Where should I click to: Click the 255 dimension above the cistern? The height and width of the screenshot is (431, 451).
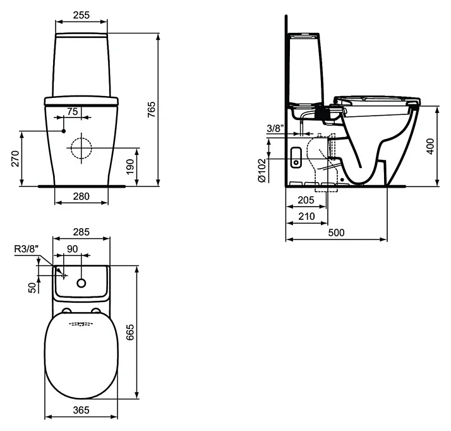81,15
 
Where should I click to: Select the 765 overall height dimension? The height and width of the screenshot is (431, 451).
152,109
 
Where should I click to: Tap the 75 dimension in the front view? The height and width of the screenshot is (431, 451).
73,111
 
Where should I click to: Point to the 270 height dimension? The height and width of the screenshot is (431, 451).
15,159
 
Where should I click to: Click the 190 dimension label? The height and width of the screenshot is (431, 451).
130,167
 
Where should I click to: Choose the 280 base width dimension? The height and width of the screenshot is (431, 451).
81,196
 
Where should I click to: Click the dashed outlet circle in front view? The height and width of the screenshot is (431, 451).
81,148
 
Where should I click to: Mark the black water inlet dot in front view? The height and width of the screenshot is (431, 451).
64,131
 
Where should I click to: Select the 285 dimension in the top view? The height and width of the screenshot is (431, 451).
81,231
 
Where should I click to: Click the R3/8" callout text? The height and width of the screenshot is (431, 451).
26,249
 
